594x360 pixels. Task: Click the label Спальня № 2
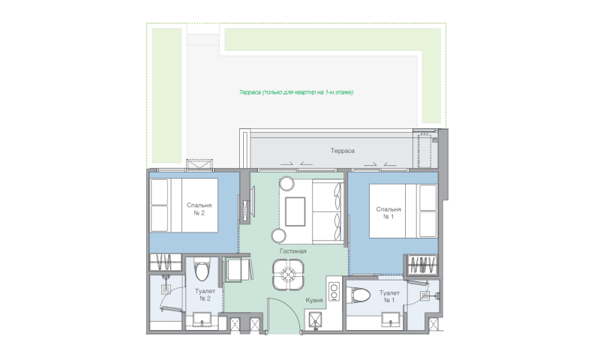[199, 209]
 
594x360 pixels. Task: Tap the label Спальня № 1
[388, 213]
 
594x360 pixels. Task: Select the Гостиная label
[292, 251]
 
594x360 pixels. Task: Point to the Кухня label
[314, 300]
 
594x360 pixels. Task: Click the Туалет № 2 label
[205, 295]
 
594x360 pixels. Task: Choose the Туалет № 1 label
[389, 296]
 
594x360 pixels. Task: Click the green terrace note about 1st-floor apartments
[295, 92]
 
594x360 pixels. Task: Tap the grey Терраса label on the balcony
[343, 151]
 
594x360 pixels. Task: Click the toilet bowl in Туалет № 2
[202, 269]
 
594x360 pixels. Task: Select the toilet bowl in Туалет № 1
[358, 295]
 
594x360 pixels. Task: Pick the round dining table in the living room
[288, 274]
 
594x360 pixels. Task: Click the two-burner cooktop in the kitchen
[334, 292]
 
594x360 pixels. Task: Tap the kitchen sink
[315, 319]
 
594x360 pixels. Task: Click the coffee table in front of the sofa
[295, 211]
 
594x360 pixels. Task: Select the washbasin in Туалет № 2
[202, 319]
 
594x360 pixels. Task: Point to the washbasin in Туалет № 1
[391, 319]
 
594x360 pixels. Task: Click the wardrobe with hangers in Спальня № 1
[421, 265]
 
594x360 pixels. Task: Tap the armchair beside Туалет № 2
[238, 269]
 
